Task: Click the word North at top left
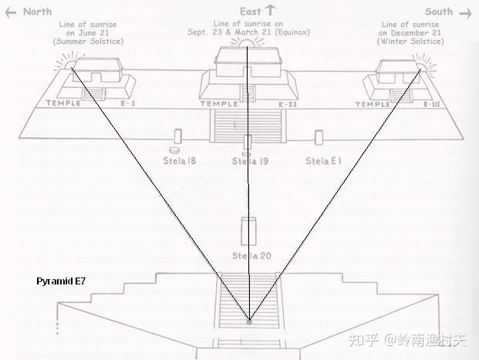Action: (37, 12)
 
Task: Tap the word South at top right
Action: (439, 12)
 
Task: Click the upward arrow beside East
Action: (270, 11)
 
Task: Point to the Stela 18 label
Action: (179, 161)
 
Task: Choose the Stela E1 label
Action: (322, 161)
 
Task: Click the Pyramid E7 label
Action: (61, 282)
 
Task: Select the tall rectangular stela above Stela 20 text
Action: (248, 231)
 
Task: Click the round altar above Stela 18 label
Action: (176, 149)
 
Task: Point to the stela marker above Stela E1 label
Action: (319, 136)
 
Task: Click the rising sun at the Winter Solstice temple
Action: (421, 63)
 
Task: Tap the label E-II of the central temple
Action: (288, 103)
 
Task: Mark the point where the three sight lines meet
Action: (248, 319)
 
